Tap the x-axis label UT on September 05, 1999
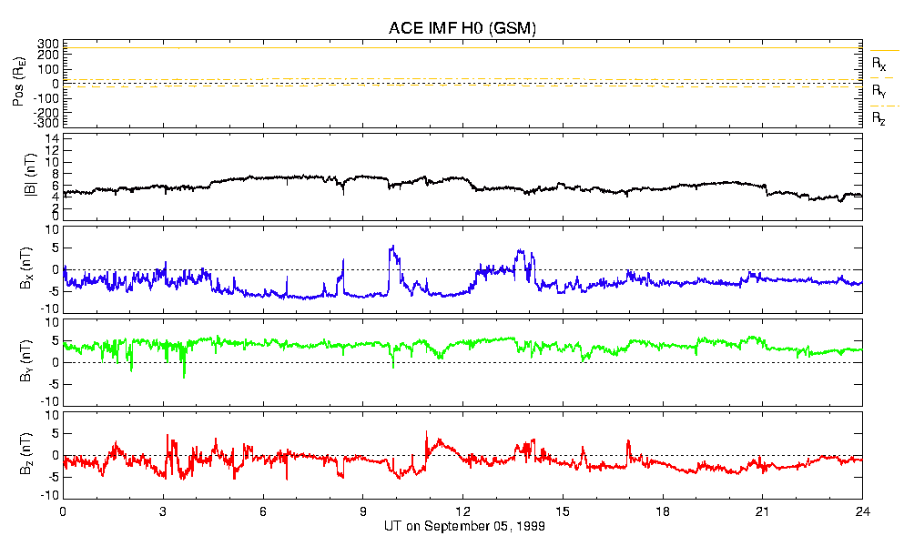pyautogui.click(x=462, y=526)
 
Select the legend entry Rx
pyautogui.click(x=879, y=64)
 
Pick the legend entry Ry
pyautogui.click(x=879, y=91)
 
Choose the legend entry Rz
pyautogui.click(x=879, y=118)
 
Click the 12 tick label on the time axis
pyautogui.click(x=462, y=511)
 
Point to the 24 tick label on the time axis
pyautogui.click(x=862, y=511)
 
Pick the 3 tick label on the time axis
pyautogui.click(x=163, y=511)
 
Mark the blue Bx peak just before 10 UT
pyautogui.click(x=391, y=247)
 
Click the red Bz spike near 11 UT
pyautogui.click(x=426, y=432)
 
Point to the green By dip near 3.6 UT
pyautogui.click(x=184, y=376)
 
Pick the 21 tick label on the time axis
pyautogui.click(x=762, y=511)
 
